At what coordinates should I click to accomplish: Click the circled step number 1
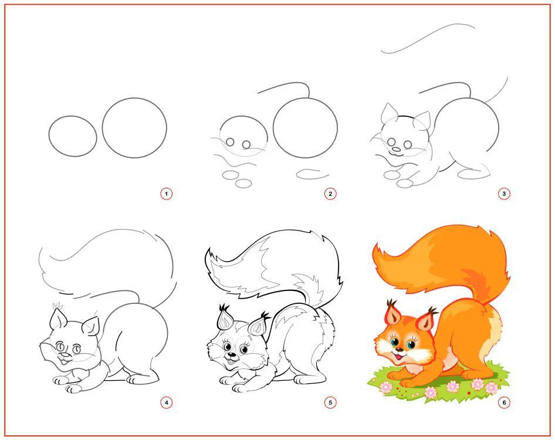pos(167,194)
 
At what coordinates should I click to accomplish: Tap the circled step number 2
pos(330,194)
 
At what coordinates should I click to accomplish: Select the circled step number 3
pos(504,194)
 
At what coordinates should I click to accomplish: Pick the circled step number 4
pos(167,402)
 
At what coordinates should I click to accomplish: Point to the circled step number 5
pos(330,402)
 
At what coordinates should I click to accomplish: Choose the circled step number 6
pos(504,402)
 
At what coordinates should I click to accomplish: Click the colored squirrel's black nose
pos(400,350)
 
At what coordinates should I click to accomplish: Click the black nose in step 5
pos(231,354)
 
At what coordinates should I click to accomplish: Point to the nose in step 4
pos(64,354)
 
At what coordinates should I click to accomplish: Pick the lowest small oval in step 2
pos(243,183)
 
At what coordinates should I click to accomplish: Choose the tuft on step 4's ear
pos(56,306)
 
